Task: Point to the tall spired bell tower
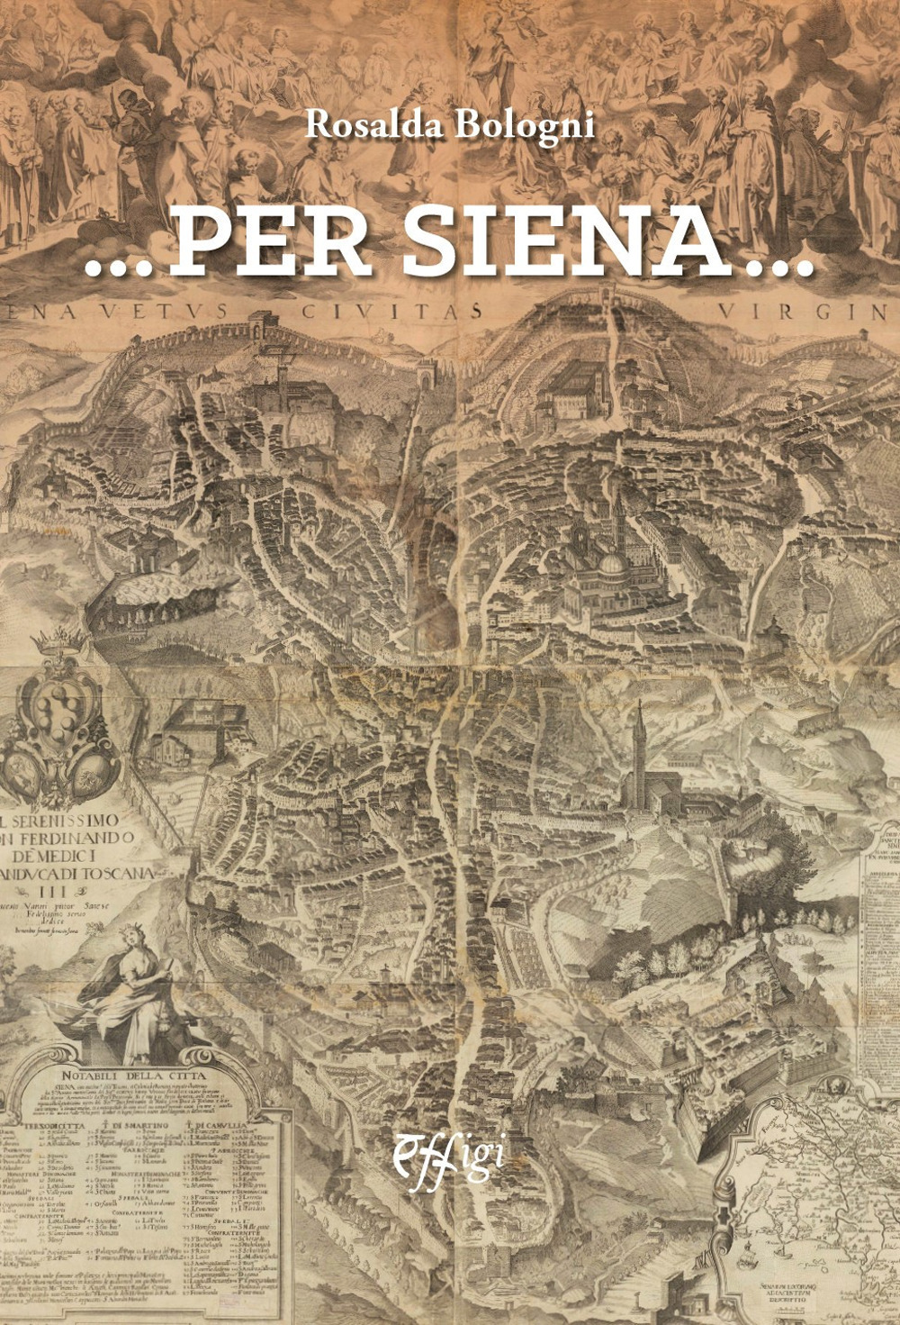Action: pyautogui.click(x=640, y=739)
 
